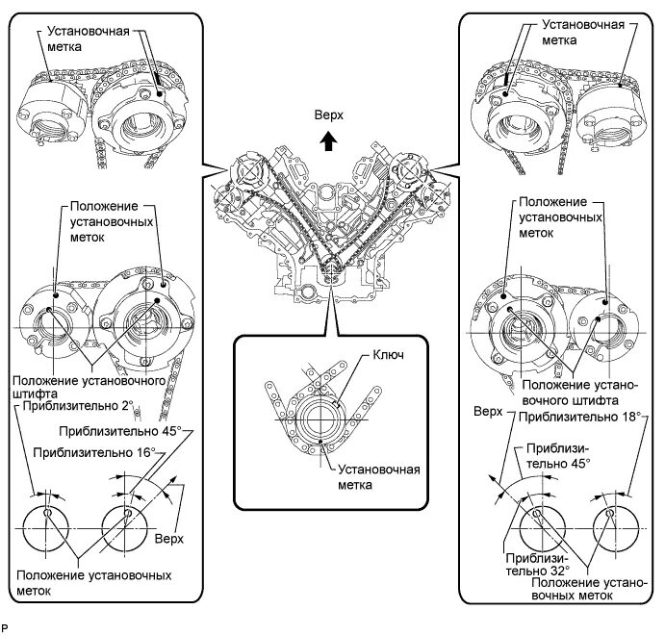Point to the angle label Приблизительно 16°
pos(93,450)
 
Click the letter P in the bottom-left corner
pos(7,627)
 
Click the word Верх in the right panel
pos(490,412)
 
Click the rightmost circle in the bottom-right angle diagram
pos(613,529)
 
